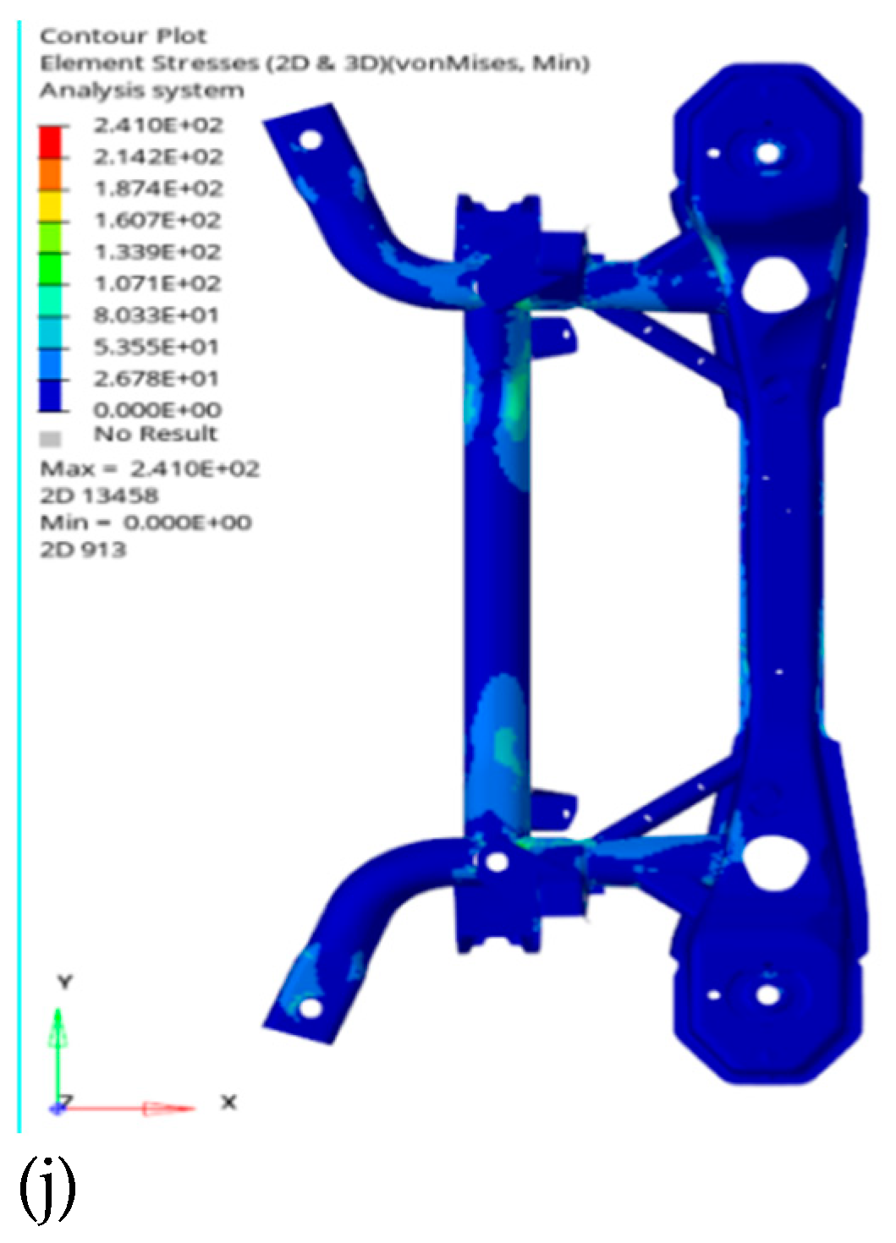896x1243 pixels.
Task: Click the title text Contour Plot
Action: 123,36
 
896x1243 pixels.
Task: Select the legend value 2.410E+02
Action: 157,125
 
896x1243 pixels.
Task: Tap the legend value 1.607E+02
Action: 157,220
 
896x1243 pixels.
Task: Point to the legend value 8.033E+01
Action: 157,315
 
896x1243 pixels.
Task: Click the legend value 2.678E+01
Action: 157,378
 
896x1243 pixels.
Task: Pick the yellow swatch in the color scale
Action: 51,204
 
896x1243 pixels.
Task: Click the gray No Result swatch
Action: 52,439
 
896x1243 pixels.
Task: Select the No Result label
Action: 155,435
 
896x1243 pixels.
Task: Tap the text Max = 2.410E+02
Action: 150,468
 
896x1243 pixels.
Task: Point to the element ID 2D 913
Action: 83,550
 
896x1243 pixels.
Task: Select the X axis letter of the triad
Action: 228,1103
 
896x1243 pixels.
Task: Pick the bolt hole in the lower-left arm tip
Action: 311,1007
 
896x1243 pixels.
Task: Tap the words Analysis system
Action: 141,90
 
